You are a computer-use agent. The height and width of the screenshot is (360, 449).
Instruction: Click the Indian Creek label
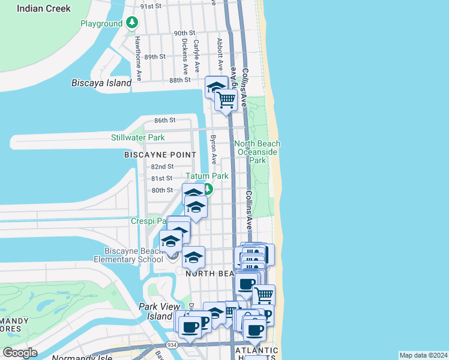pyautogui.click(x=43, y=8)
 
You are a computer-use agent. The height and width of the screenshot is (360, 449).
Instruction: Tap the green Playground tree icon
pyautogui.click(x=132, y=23)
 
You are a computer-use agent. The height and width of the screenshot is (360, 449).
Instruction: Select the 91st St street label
pyautogui.click(x=151, y=6)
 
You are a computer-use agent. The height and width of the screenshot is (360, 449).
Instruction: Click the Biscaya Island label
pyautogui.click(x=101, y=83)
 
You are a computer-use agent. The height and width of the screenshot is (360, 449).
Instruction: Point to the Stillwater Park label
pyautogui.click(x=137, y=137)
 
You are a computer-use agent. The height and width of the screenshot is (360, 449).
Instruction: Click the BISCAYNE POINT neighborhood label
pyautogui.click(x=160, y=154)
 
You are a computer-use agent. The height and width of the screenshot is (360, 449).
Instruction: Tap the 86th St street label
pyautogui.click(x=164, y=120)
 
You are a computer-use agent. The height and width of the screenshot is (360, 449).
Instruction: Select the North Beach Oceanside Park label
pyautogui.click(x=258, y=152)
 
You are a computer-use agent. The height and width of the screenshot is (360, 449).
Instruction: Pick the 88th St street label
pyautogui.click(x=179, y=80)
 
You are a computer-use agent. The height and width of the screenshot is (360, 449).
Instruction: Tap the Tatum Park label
pyautogui.click(x=206, y=176)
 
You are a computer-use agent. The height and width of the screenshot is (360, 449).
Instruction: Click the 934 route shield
pyautogui.click(x=172, y=345)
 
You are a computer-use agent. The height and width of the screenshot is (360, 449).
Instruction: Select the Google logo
pyautogui.click(x=20, y=352)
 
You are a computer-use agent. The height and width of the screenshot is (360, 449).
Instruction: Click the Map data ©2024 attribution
pyautogui.click(x=423, y=355)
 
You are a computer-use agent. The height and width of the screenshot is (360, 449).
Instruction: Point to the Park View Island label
pyautogui.click(x=155, y=311)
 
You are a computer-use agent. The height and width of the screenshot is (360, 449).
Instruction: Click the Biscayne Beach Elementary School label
pyautogui.click(x=125, y=254)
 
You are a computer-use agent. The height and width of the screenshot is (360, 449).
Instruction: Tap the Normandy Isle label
pyautogui.click(x=75, y=356)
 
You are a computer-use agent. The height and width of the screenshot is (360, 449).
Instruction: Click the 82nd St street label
pyautogui.click(x=162, y=166)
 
